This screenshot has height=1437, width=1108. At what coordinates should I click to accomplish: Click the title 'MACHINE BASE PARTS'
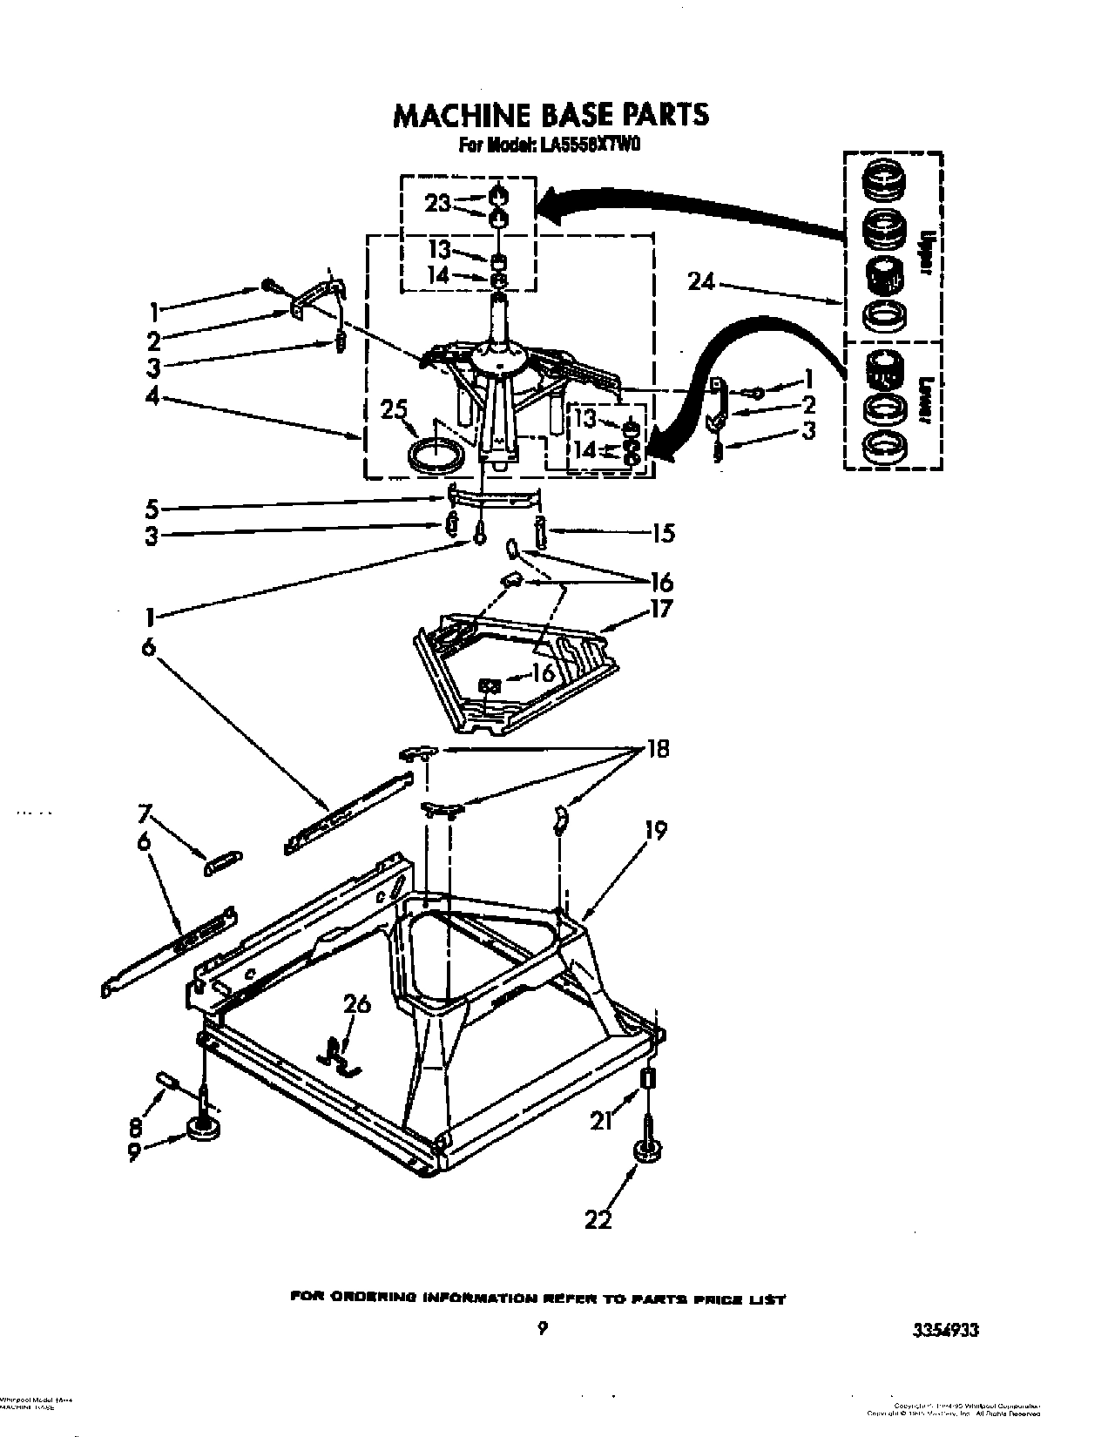click(550, 115)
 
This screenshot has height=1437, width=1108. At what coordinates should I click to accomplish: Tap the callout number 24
click(700, 280)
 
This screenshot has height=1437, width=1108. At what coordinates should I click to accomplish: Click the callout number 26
click(357, 1004)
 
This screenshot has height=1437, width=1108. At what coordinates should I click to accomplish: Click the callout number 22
click(598, 1219)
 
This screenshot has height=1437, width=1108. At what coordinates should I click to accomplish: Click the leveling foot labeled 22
click(647, 1151)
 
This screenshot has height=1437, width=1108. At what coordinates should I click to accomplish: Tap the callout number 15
click(662, 532)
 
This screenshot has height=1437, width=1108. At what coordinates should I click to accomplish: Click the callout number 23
click(438, 204)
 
